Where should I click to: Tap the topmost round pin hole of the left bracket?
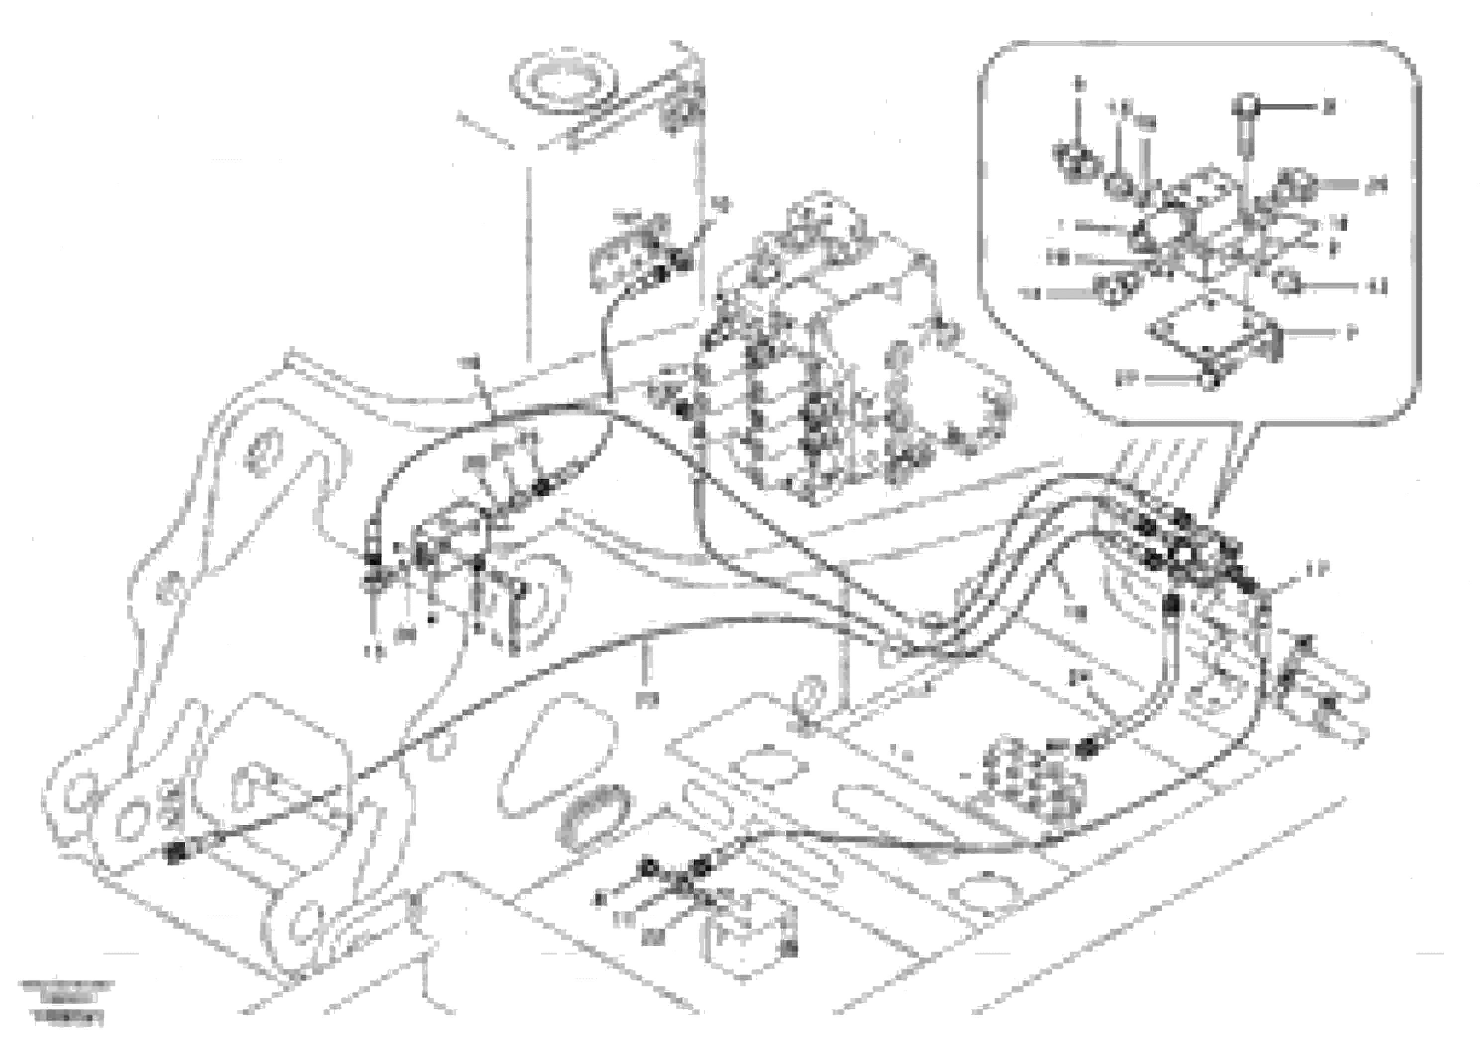265,455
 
